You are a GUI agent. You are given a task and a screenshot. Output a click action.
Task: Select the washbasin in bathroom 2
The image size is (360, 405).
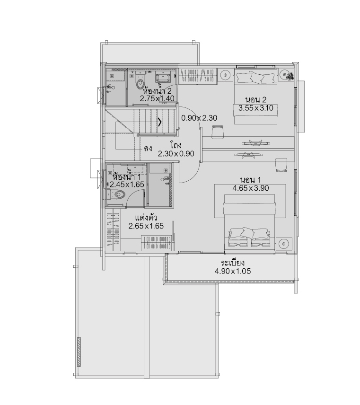[162, 78]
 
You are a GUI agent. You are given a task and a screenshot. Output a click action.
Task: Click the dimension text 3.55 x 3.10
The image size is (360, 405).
[255, 108]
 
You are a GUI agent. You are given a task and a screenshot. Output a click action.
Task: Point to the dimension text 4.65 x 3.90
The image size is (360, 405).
[251, 188]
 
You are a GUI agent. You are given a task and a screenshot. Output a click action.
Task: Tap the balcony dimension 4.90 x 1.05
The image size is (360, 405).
[233, 271]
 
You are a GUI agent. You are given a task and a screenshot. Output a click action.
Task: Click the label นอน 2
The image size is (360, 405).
[255, 99]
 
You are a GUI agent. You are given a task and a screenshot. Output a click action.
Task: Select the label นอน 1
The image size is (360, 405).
[251, 180]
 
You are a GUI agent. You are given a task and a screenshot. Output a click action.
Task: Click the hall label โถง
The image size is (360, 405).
[176, 145]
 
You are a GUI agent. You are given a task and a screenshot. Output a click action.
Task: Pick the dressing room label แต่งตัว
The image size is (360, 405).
[146, 217]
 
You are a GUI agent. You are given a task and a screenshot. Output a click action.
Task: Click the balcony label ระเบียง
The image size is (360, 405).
[233, 263]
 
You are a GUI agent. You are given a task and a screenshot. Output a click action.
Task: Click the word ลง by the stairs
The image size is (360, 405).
[148, 149]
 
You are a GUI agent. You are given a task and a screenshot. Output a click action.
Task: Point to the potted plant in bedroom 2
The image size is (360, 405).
[290, 76]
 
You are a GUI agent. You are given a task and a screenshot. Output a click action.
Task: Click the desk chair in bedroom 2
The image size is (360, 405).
[218, 132]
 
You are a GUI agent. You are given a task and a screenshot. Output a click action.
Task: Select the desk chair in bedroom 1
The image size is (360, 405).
[281, 165]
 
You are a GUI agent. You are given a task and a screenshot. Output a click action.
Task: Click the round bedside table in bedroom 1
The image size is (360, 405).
[284, 243]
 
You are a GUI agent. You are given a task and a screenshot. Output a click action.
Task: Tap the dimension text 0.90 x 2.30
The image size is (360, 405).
[199, 118]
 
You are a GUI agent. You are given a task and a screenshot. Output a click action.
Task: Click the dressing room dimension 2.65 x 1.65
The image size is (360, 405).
[146, 226]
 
